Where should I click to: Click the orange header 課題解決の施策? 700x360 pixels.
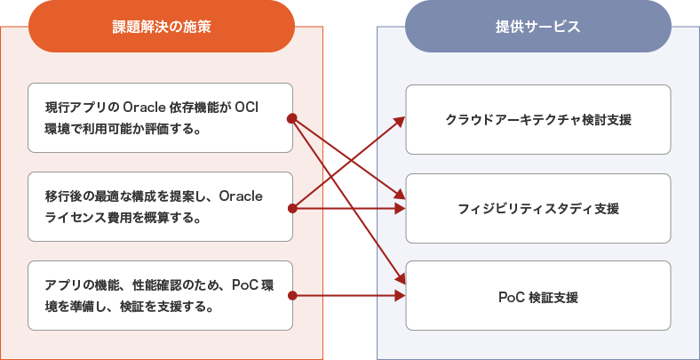coord(162,27)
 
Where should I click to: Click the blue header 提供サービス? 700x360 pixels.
coord(537,27)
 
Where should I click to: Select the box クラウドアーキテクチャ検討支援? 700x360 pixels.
coord(537,119)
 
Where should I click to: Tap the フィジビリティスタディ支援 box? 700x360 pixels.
coord(537,208)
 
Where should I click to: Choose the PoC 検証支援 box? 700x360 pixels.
coord(537,296)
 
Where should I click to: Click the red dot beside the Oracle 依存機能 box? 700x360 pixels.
coord(292,118)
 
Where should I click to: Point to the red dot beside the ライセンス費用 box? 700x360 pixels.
coord(292,208)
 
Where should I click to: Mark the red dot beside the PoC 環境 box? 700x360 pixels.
coord(292,295)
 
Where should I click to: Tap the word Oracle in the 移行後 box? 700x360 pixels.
coord(240,196)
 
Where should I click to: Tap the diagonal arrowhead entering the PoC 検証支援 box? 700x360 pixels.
coord(401,280)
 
